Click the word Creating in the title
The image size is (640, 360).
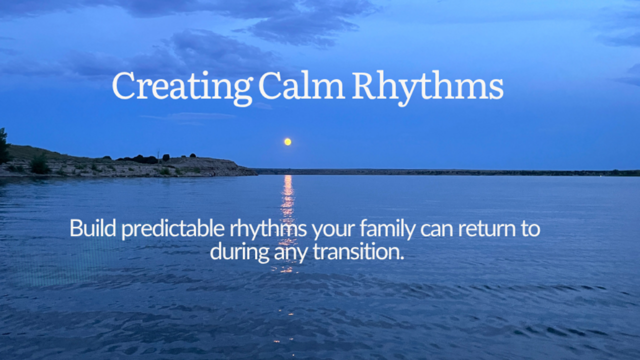[x=182, y=87]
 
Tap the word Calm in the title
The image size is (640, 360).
[x=301, y=85]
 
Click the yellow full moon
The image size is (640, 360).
[x=287, y=141]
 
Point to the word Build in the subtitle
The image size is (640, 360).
[x=93, y=228]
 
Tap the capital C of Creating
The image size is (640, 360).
[x=124, y=85]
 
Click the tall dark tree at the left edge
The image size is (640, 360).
[x=4, y=145]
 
